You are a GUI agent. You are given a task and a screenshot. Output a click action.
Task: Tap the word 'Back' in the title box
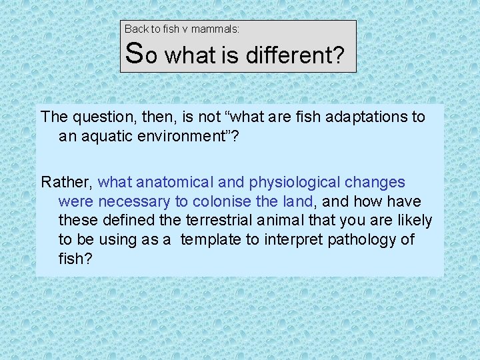point(136,29)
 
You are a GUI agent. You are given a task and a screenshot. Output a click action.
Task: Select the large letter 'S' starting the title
point(134,53)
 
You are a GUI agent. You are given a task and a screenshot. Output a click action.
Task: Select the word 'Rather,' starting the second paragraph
point(67,182)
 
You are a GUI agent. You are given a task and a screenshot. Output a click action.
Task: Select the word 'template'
point(211,239)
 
